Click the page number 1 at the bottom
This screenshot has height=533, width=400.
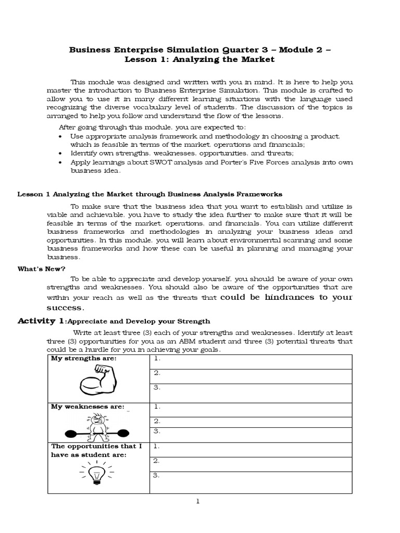tap(198, 501)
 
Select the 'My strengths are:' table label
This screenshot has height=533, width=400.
tap(84, 359)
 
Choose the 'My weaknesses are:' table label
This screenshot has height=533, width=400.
tap(87, 407)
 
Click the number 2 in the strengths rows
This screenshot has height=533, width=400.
tap(156, 373)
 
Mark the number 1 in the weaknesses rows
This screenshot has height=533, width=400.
tap(156, 407)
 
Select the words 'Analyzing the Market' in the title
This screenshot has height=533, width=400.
tap(226, 60)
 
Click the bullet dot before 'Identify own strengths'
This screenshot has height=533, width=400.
tap(61, 154)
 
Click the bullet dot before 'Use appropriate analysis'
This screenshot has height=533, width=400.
tap(61, 136)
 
